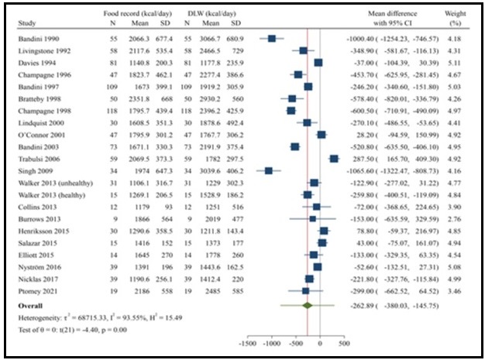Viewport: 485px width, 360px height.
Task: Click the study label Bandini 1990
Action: coord(36,37)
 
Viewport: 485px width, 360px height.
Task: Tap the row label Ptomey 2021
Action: coord(35,290)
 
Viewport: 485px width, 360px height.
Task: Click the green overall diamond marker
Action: coord(308,305)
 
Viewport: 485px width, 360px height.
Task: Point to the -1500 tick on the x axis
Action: coord(249,341)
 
